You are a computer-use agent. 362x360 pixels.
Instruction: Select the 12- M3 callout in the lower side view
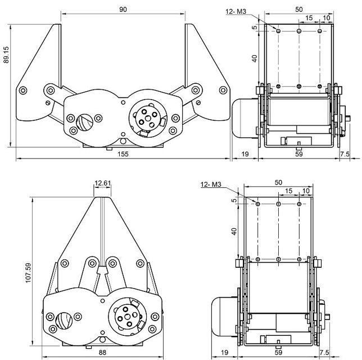coord(210,184)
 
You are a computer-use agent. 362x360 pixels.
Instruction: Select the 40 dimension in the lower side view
coord(234,230)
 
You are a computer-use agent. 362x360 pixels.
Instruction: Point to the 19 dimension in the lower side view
coord(224,352)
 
